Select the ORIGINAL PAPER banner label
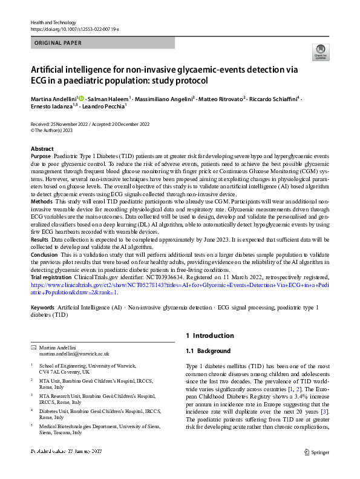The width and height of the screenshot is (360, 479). [57, 44]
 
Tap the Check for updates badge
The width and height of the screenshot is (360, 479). [319, 52]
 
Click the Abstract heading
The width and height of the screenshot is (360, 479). [43, 148]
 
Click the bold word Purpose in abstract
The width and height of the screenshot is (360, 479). [41, 156]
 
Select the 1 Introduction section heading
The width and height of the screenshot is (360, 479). [209, 335]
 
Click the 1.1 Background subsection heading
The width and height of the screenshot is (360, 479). [208, 351]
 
